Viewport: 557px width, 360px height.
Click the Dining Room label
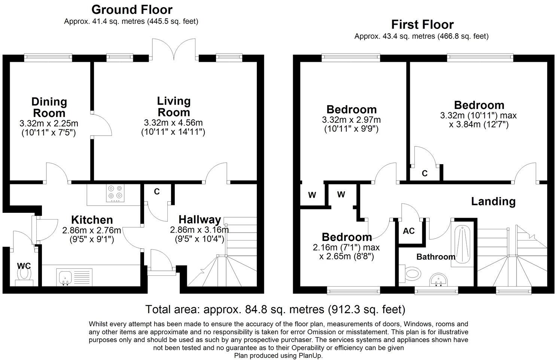pos(49,107)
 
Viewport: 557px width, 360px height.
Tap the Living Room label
pos(174,106)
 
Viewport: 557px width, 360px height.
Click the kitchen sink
pos(65,277)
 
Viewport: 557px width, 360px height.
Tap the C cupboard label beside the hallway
pos(157,191)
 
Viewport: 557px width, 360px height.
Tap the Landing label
pos(493,202)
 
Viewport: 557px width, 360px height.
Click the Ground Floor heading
pos(132,9)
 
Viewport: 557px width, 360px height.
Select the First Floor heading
pos(422,25)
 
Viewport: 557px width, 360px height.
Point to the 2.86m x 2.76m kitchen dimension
pos(91,230)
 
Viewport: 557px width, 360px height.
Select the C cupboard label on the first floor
pos(424,173)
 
